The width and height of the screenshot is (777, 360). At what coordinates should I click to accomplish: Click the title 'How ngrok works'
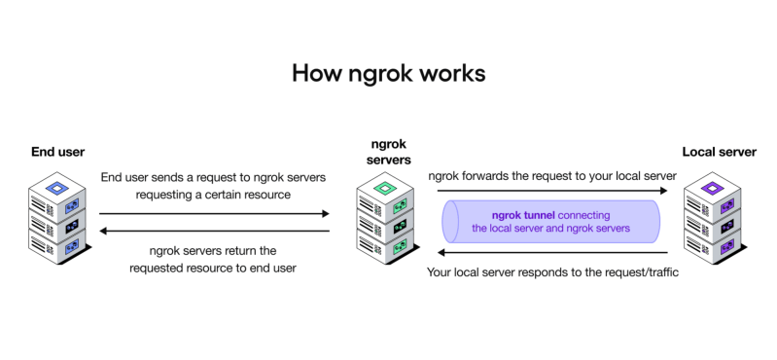(x=388, y=74)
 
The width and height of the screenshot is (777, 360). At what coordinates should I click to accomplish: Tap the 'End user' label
(x=57, y=152)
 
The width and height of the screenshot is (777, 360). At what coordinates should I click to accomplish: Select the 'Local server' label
(x=719, y=152)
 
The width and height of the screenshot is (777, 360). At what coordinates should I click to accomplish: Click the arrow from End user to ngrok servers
(x=214, y=212)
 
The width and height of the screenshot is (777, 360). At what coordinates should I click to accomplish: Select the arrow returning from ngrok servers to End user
(x=214, y=231)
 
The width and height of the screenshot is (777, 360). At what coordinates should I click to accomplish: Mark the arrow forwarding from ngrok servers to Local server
(x=548, y=193)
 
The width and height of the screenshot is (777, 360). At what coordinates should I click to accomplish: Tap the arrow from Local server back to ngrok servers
(x=548, y=250)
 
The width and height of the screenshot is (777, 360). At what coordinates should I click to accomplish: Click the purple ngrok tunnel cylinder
(x=550, y=221)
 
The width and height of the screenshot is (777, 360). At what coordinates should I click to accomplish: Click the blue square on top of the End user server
(x=58, y=187)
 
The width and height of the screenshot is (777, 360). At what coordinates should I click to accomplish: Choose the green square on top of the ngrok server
(x=386, y=187)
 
